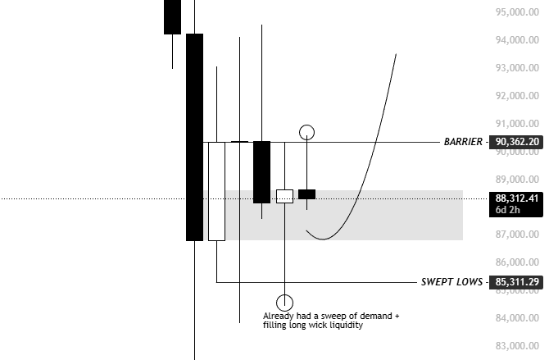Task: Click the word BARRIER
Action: coord(462,142)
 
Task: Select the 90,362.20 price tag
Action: coord(517,142)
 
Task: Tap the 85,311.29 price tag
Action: coord(517,282)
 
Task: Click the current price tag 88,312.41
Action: coord(517,197)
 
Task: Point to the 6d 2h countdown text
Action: coord(508,210)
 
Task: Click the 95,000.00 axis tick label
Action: coord(517,12)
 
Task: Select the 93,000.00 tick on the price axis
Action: coord(517,68)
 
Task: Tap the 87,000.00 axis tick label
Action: coord(517,235)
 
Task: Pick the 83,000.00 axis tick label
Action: coord(517,346)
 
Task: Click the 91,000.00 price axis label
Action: coord(517,124)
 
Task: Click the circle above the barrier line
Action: coord(307,131)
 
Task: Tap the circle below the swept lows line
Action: coord(284,303)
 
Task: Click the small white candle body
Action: coord(284,196)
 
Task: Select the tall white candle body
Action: coord(216,191)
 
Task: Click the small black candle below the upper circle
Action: coord(307,194)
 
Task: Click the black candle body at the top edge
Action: coord(172,16)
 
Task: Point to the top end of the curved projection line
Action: coord(396,55)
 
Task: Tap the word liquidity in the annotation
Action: coord(344,326)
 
